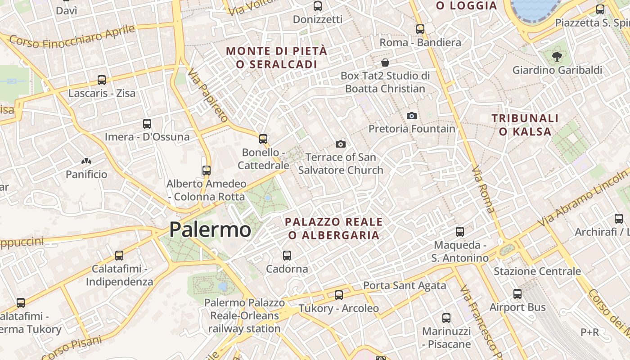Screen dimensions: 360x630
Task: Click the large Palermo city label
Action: (x=210, y=230)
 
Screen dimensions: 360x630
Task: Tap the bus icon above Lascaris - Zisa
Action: (x=102, y=80)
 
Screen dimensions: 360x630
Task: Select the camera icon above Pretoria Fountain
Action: (x=411, y=116)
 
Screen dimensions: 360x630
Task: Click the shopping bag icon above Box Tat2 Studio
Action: (x=385, y=62)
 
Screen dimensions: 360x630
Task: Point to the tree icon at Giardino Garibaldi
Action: (x=557, y=57)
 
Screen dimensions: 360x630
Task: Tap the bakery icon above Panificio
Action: (x=86, y=161)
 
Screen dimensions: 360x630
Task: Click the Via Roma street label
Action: (x=483, y=189)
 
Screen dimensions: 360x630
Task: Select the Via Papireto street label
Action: (x=208, y=95)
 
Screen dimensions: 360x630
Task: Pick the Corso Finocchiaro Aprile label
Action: (x=72, y=37)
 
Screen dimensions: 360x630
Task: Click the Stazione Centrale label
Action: (x=537, y=271)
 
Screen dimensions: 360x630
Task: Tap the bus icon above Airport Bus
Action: (x=517, y=294)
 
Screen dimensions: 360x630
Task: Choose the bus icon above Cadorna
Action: (x=287, y=256)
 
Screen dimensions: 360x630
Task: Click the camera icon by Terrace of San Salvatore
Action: (x=341, y=144)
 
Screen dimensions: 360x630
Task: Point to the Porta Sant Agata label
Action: (x=405, y=285)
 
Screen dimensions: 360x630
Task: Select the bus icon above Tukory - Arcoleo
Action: (x=339, y=295)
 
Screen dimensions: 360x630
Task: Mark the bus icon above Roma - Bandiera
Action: (x=420, y=29)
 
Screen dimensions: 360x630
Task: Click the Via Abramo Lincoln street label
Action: (x=583, y=198)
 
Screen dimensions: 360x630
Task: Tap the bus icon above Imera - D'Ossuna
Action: (x=147, y=123)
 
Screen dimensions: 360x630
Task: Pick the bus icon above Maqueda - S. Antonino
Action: (x=460, y=232)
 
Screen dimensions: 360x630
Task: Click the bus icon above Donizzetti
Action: (x=318, y=6)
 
